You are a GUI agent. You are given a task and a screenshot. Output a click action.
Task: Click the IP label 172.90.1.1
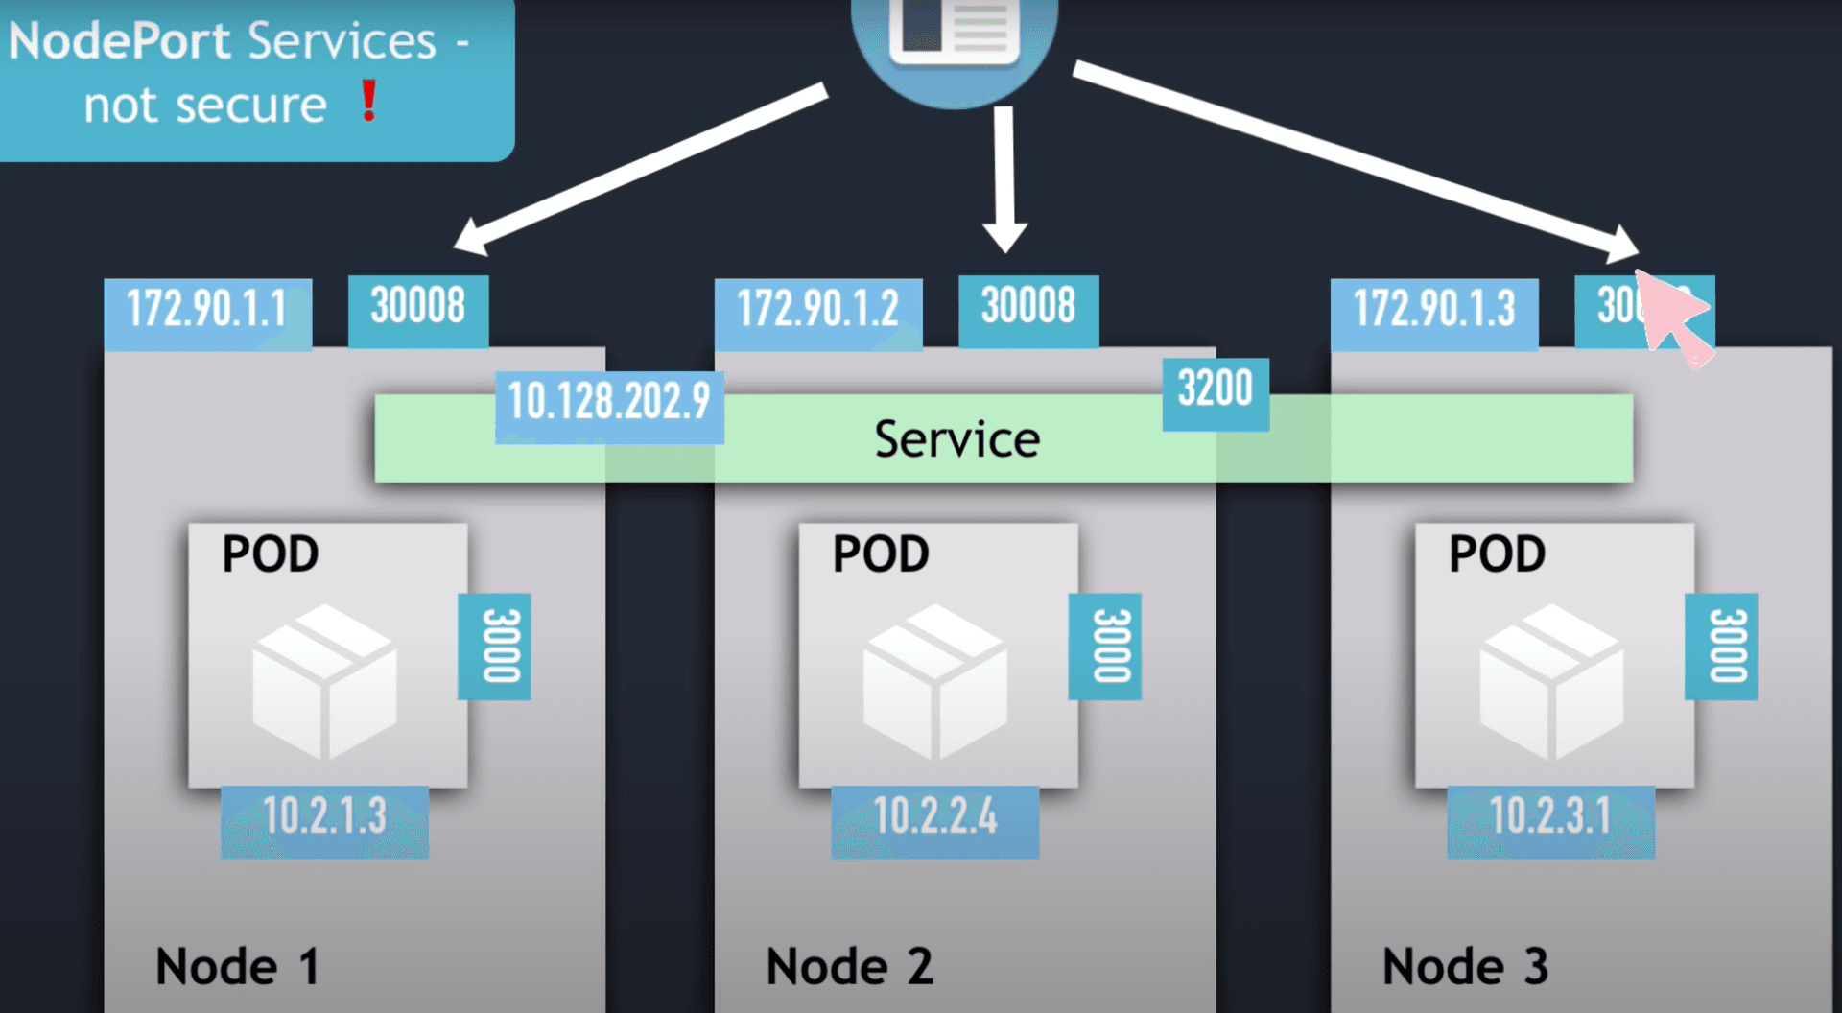point(207,310)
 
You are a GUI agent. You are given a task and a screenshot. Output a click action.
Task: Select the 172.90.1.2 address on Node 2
point(817,310)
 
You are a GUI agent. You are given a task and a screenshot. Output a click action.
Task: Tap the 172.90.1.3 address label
point(1434,310)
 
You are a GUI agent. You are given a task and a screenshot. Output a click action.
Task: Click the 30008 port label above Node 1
point(418,307)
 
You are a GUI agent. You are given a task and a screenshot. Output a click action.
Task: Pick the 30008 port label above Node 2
point(1028,307)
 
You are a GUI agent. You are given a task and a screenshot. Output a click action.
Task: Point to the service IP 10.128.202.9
point(609,402)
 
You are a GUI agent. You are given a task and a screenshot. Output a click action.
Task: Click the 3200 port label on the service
point(1216,389)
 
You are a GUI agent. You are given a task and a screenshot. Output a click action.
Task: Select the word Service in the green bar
point(956,440)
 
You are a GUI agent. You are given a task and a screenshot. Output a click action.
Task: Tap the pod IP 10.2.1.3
point(324,817)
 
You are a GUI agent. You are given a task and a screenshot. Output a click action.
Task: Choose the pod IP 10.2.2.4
point(935,817)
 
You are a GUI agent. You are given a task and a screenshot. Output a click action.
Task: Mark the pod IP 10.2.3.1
point(1550,817)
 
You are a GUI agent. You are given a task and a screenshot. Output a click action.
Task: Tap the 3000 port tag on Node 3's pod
point(1722,646)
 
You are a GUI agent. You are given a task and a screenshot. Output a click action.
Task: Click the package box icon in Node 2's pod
point(935,681)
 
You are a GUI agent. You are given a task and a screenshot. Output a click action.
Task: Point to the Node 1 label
point(237,966)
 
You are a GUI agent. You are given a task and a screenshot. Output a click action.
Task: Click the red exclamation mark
point(369,100)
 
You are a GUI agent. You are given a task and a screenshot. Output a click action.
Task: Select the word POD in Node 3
point(1497,554)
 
